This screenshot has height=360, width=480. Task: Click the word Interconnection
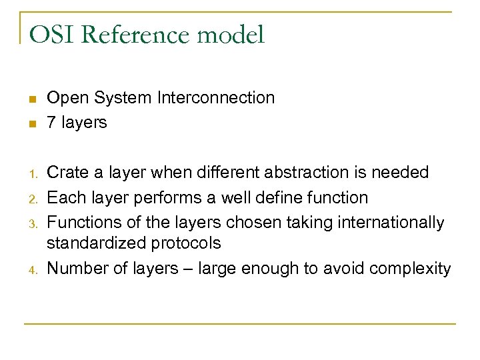click(216, 97)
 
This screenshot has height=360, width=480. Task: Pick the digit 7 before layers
click(51, 123)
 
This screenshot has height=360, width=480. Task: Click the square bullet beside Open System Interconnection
click(31, 100)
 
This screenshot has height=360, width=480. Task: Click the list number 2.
click(31, 199)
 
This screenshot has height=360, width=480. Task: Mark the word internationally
click(389, 222)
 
